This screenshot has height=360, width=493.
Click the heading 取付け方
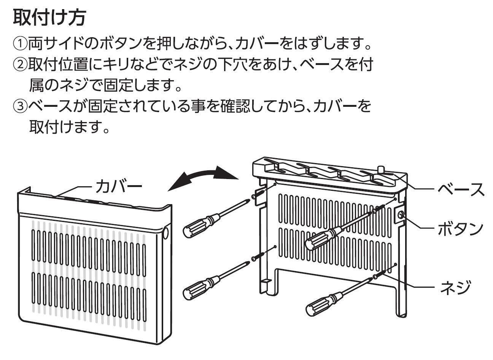pos(49,18)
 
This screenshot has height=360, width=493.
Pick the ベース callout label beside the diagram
pos(461,189)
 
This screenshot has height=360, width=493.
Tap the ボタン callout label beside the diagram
pos(461,228)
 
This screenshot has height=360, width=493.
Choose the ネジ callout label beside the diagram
pos(456,286)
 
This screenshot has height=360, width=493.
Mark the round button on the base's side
pos(401,216)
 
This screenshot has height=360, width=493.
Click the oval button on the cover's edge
pos(166,233)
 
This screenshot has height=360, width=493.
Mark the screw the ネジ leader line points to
pos(376,276)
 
